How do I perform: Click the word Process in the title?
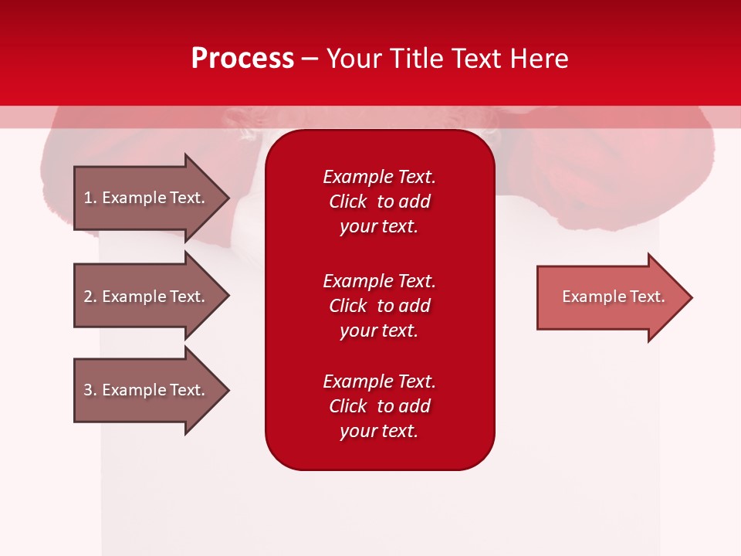(x=242, y=59)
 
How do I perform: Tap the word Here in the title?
(x=540, y=59)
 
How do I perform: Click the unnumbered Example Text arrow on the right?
(x=613, y=297)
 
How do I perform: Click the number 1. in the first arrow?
(x=90, y=198)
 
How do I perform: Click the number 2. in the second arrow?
(x=90, y=297)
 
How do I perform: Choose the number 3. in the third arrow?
(x=90, y=391)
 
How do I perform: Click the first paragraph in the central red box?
(x=379, y=202)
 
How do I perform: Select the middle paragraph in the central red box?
(x=379, y=306)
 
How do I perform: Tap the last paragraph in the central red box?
(x=379, y=406)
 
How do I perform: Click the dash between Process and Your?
(x=310, y=59)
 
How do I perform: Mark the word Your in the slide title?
(x=355, y=59)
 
